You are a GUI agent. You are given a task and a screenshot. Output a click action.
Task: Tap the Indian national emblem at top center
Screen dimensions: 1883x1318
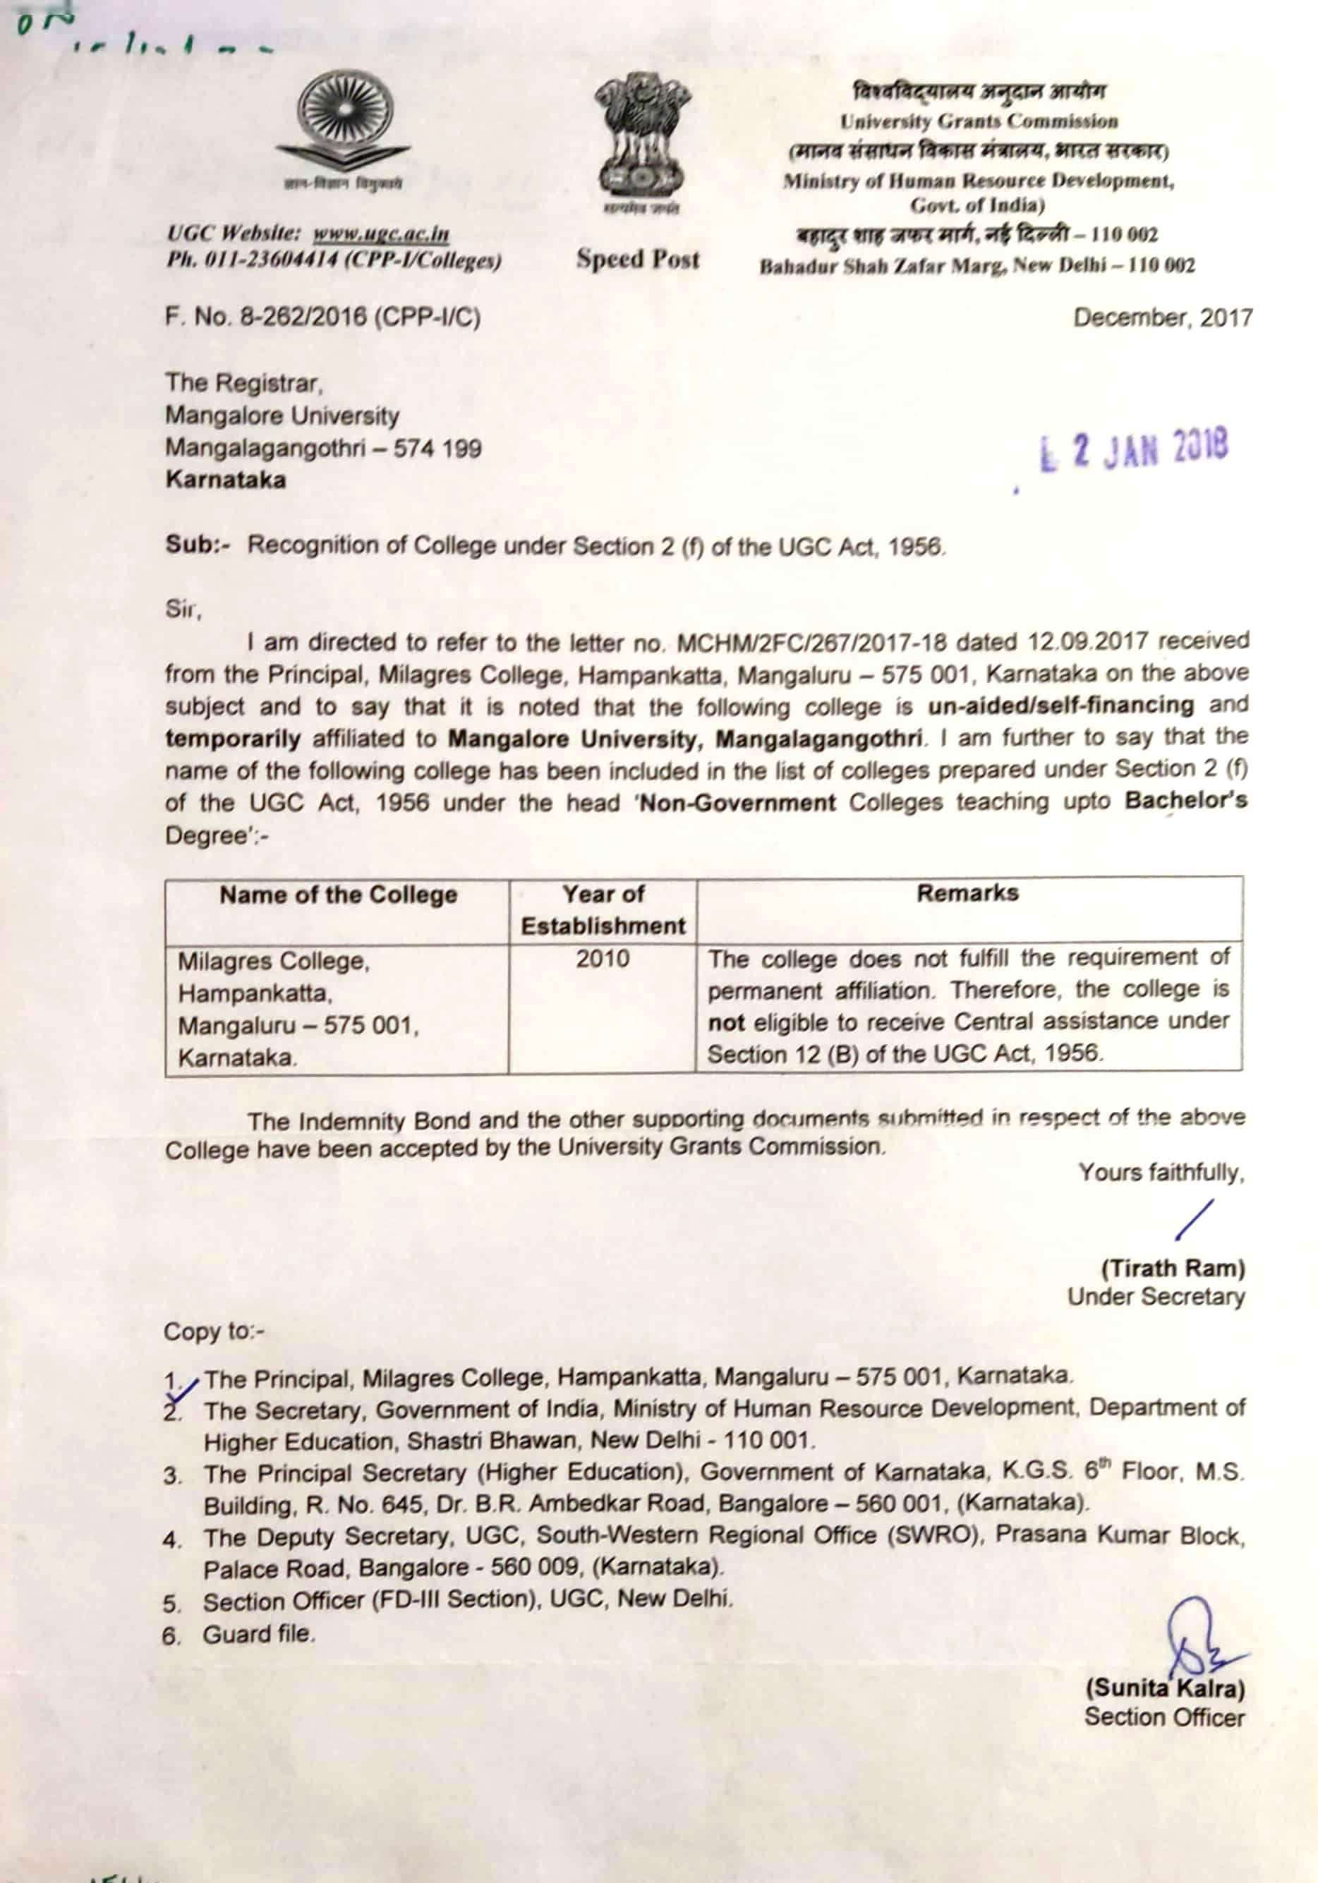point(639,136)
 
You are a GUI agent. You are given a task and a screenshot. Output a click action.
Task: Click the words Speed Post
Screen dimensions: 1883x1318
point(638,259)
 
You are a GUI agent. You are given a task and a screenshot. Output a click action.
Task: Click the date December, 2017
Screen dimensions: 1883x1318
point(1163,318)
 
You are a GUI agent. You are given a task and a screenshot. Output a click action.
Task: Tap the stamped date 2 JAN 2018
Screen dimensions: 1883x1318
point(1136,450)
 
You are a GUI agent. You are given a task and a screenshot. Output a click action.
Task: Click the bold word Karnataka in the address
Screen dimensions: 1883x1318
point(226,480)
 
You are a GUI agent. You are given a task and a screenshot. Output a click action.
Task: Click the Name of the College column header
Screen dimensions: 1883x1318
point(338,895)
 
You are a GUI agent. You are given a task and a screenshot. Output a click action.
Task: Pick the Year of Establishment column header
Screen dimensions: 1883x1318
point(603,909)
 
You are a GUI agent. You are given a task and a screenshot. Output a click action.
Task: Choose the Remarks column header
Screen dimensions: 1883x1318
point(968,893)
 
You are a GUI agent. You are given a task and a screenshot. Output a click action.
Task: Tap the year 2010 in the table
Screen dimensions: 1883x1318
point(603,959)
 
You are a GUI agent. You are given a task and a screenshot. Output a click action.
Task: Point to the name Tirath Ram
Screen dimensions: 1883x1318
point(1173,1269)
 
